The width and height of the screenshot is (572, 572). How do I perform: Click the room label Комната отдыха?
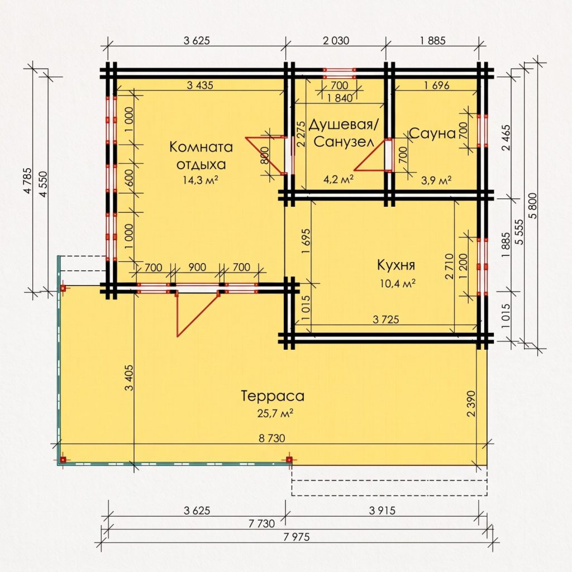coord(201,156)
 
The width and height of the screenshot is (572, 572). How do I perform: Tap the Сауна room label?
coord(433,134)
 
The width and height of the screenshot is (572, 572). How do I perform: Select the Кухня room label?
coord(396,265)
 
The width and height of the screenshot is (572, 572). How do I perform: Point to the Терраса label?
coord(273,396)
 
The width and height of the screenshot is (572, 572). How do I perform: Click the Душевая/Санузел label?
coord(344,133)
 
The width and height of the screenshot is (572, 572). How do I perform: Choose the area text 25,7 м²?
coord(275,413)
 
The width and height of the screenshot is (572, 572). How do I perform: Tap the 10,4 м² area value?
coord(398,283)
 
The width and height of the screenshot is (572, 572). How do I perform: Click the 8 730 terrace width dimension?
coord(272,438)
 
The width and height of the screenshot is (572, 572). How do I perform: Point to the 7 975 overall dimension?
coord(297,537)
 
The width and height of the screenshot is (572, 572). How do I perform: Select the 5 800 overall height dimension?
coord(533,206)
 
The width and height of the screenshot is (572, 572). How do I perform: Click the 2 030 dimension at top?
coord(336,40)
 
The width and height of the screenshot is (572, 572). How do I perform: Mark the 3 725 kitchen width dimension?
coord(386,320)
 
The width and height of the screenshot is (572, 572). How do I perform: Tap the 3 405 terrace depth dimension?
coord(129,378)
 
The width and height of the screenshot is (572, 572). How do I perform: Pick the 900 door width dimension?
coord(197,268)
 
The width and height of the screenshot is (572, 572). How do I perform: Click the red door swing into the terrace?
coord(197,313)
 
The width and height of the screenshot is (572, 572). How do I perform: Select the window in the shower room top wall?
coord(339,73)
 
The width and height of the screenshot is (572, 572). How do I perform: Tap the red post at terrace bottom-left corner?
coord(63,460)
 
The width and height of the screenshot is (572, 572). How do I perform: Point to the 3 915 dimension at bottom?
coord(382,511)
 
